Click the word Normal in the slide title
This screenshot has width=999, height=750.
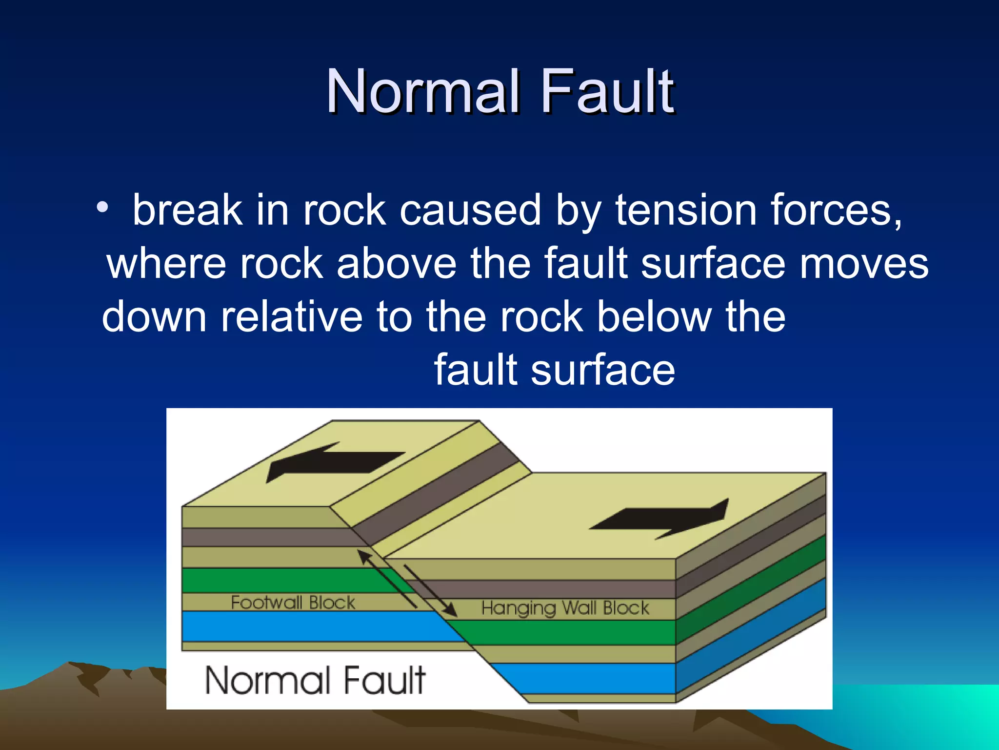pos(422,92)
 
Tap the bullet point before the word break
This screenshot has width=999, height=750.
pos(102,208)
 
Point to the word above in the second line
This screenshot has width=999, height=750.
pos(396,264)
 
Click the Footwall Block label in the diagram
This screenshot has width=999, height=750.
pos(293,603)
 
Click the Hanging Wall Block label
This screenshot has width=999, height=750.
pos(565,608)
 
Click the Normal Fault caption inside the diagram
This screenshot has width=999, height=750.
pos(315,680)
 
